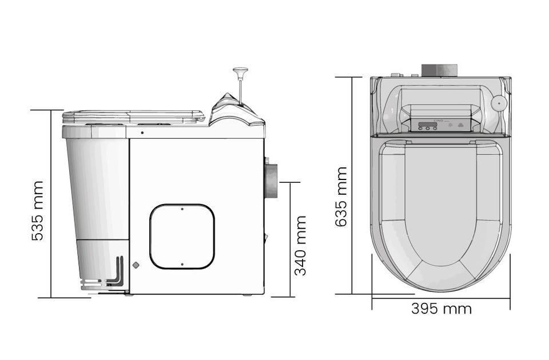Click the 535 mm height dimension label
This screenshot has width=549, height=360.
pyautogui.click(x=38, y=211)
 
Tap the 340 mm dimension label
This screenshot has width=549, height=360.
pyautogui.click(x=300, y=246)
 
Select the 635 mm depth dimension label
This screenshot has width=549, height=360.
pyautogui.click(x=341, y=197)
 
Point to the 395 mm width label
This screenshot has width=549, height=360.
pyautogui.click(x=441, y=309)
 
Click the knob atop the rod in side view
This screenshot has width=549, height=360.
pyautogui.click(x=240, y=71)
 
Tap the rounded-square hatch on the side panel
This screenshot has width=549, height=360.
pyautogui.click(x=182, y=237)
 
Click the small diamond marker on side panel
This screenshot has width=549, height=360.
pyautogui.click(x=136, y=265)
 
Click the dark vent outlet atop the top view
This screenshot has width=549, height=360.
pyautogui.click(x=439, y=70)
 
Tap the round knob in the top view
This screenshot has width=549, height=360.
pyautogui.click(x=499, y=103)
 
